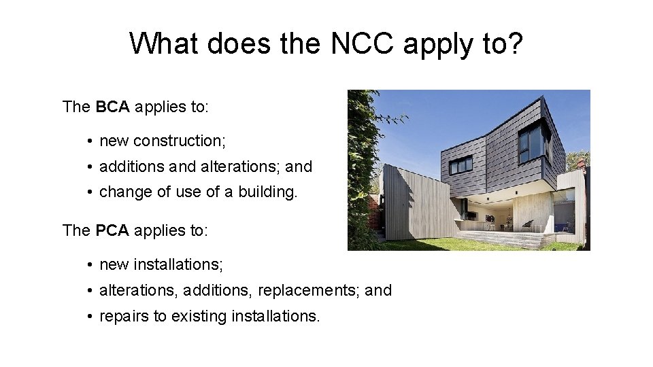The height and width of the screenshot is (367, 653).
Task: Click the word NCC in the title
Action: coord(363,44)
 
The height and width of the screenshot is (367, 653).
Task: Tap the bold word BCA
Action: coord(113,107)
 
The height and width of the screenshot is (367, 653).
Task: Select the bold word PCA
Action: coord(113,230)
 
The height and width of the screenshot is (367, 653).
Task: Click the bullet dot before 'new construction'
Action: coord(90,141)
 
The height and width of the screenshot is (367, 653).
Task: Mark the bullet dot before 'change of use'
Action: coord(90,192)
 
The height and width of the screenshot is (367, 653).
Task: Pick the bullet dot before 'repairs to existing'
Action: coord(90,317)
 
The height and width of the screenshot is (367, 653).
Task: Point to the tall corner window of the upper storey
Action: coord(531,141)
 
